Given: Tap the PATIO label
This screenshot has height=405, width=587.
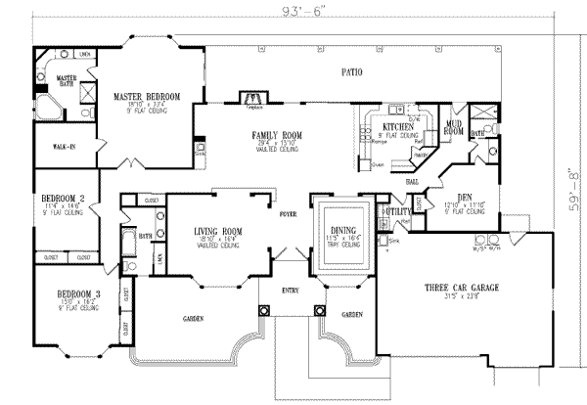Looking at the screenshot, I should [350, 72].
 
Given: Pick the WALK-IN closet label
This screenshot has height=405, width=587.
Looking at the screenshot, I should [51, 148].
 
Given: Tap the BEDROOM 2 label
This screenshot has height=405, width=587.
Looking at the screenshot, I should [63, 199].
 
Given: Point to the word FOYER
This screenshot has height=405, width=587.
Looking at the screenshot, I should [287, 211].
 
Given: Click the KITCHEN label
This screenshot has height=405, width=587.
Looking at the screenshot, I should [396, 127].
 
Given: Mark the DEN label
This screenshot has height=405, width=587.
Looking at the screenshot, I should [465, 196].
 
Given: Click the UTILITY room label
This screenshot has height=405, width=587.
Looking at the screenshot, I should [396, 210].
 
